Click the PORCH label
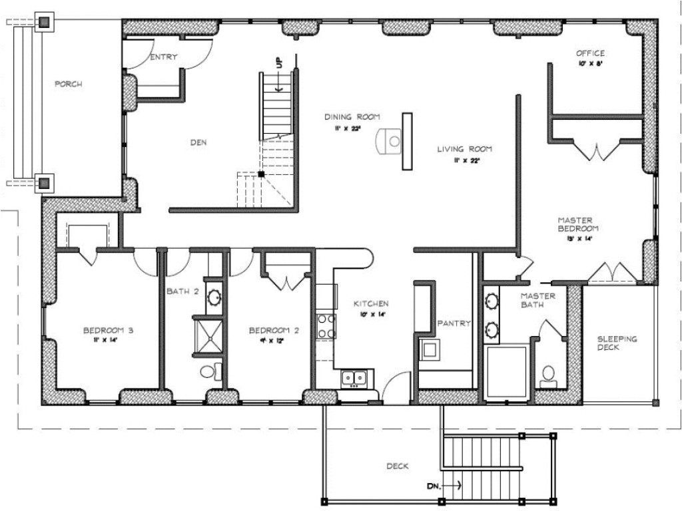point(68,84)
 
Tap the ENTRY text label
point(164,57)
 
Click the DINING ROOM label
point(352,117)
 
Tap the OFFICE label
point(590,53)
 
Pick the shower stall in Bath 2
point(208,337)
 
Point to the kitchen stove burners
point(326,326)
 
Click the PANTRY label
point(454,323)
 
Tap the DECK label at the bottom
point(397,466)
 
